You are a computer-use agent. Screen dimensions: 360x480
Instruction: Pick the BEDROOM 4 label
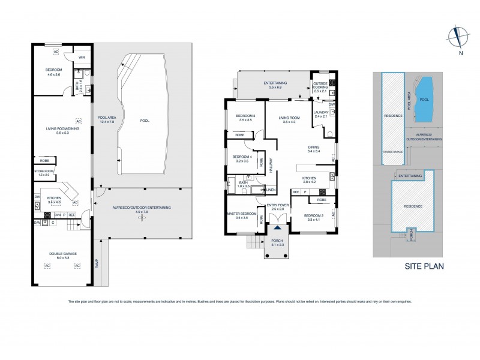241,159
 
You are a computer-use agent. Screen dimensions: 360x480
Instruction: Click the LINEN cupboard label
271,190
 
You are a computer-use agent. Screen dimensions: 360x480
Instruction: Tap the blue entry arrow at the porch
277,228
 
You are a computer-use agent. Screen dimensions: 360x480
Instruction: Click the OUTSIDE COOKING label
321,85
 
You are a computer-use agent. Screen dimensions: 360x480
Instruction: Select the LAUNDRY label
321,114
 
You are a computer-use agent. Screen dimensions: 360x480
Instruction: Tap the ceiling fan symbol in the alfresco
142,218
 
